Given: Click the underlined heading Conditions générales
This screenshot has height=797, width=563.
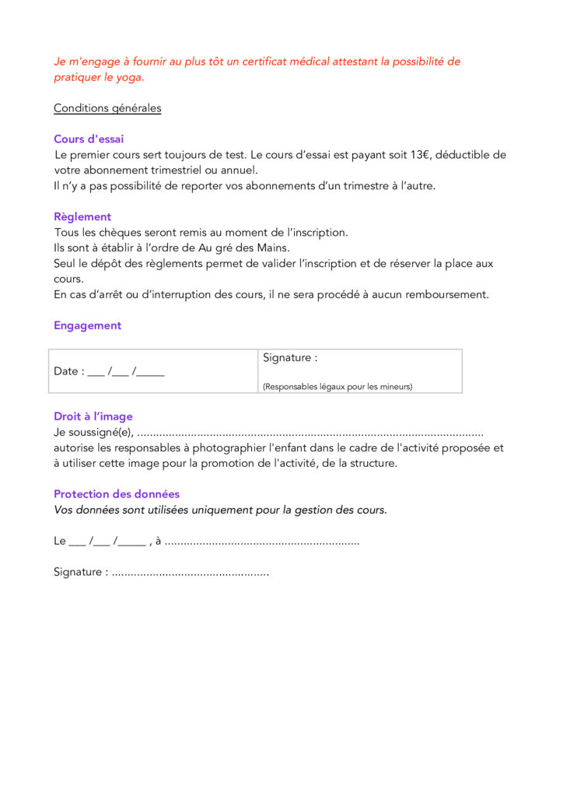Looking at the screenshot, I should coord(107,108).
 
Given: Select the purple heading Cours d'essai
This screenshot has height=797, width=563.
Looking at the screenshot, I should coord(89,139).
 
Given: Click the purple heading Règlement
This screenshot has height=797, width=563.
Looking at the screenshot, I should coord(82,217).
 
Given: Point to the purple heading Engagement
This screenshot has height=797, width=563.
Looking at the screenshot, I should coord(87,326).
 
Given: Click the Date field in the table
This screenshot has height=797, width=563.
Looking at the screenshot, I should coord(109,371).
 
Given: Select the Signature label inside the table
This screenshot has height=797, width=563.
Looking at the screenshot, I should coord(290,358).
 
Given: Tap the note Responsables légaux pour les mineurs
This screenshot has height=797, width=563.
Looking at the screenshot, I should coord(337,386).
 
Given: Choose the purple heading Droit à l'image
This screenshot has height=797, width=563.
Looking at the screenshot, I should coord(93,417).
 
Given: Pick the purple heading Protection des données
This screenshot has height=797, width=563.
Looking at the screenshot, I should coord(117,494).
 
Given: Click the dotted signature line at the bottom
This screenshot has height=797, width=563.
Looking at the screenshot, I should coord(190,573).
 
